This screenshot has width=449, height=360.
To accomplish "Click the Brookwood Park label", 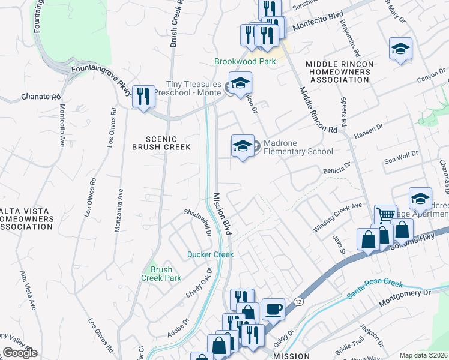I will point(246,62).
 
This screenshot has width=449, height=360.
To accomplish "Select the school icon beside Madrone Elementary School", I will point(243,146).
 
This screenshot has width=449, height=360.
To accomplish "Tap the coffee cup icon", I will point(274,309).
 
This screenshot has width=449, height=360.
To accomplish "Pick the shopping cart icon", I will point(385,215).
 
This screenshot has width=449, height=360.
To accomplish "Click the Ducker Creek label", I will point(209,254).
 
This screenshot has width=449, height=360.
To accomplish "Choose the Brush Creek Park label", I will point(161,274).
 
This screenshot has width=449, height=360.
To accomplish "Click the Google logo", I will point(20,353).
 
